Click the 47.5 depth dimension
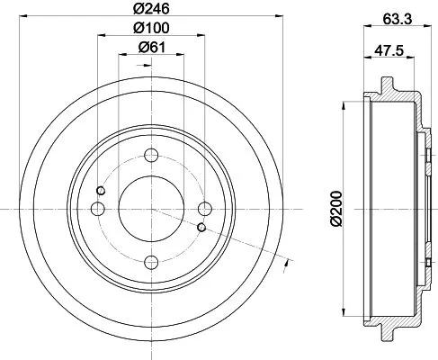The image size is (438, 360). click(389, 51)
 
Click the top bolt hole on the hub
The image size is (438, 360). click(151, 154)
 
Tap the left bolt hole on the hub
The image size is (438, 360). click(97, 209)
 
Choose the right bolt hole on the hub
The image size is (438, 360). click(205, 209)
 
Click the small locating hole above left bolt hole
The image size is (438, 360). click(102, 190)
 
